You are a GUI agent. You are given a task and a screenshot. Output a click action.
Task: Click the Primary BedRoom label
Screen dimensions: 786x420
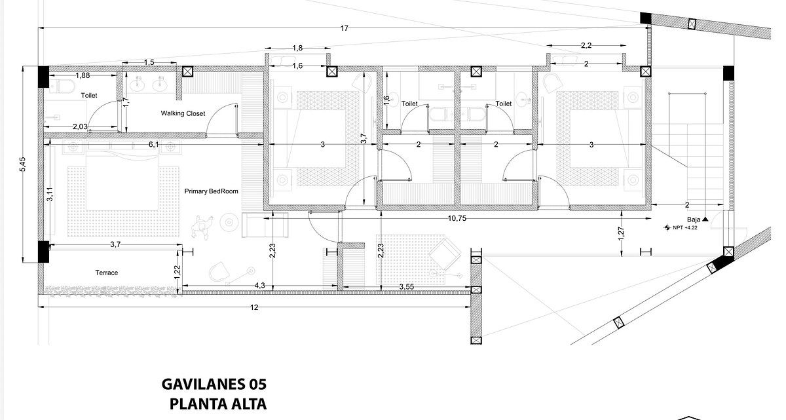pos(211,191)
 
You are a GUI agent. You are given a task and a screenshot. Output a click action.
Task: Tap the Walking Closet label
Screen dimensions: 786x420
pos(183,113)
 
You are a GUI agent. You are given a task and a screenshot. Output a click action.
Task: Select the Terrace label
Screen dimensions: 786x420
pos(106,273)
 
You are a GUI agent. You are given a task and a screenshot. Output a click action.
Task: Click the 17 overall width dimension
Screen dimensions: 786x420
pos(345,28)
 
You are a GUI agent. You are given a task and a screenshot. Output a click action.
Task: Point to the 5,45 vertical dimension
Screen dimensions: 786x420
pos(22,164)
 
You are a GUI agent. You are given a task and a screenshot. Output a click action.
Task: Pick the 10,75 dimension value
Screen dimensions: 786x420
pos(457,218)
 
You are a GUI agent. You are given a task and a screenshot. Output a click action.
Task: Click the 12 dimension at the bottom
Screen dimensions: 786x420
pos(254,307)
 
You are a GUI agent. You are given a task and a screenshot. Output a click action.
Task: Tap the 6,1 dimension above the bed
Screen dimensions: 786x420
pos(153,145)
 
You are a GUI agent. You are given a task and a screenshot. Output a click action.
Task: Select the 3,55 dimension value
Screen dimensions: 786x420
pos(406,287)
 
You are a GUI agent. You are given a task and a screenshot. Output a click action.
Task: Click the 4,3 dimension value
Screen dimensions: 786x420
pos(259,286)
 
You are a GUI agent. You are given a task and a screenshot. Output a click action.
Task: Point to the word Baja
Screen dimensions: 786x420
pos(694,220)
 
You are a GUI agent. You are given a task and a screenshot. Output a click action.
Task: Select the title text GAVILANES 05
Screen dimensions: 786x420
pos(214,384)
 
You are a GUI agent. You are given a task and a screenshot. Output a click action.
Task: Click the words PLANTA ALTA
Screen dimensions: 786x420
pos(218,404)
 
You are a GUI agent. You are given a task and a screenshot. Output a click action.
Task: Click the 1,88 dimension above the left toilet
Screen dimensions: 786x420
pos(83,75)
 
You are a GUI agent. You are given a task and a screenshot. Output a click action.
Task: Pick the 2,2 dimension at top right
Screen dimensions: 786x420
pos(586,45)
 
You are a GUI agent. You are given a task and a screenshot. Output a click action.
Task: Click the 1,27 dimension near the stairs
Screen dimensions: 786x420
pos(621,234)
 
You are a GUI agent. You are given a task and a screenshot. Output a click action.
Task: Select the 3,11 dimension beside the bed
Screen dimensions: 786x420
pos(50,194)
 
